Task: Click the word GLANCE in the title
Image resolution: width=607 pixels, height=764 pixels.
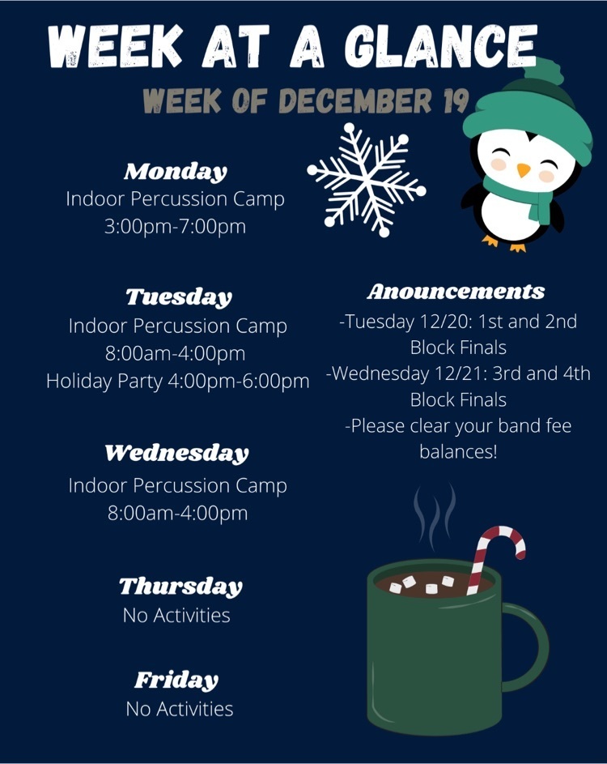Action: pos(441,46)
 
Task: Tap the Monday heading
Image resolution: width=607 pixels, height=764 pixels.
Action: pos(176,172)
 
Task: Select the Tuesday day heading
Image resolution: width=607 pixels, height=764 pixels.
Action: pos(179,297)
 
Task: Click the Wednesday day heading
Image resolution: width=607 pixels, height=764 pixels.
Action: pos(176,453)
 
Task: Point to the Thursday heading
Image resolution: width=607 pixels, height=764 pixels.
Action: pos(180,587)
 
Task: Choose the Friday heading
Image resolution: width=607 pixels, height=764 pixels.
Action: pos(176,681)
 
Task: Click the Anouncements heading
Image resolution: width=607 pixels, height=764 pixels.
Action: pos(456,292)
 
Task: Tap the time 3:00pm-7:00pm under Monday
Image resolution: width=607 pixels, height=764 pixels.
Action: pos(176,227)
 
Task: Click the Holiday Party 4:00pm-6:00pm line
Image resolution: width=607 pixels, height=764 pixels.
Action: pos(178,381)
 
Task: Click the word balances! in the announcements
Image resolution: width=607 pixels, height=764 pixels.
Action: pos(459,451)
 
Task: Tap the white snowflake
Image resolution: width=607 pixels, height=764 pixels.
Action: pos(367,180)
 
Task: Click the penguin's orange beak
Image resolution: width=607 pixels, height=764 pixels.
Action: pos(524,169)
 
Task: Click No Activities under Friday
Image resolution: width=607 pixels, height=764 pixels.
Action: pos(179,709)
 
